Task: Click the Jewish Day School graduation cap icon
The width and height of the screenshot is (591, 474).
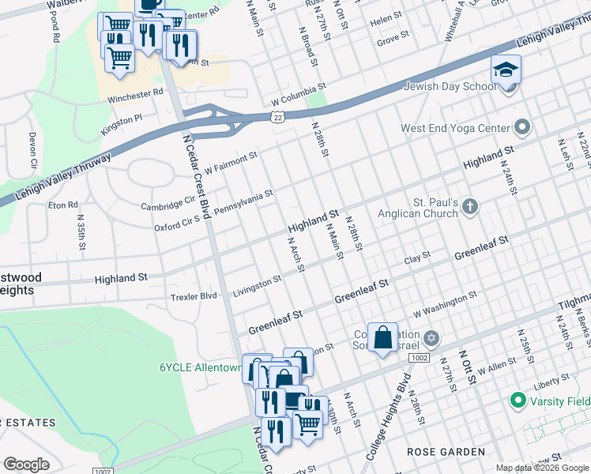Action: tap(506, 70)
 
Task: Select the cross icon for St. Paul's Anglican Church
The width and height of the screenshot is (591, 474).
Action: tap(470, 207)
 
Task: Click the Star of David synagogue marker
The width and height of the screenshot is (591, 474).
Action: tap(431, 338)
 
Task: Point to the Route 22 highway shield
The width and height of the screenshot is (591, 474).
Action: tap(278, 116)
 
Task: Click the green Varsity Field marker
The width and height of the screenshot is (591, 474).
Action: tap(518, 401)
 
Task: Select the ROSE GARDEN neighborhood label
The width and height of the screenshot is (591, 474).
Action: tap(446, 452)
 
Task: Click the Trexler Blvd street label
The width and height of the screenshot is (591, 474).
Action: tap(194, 296)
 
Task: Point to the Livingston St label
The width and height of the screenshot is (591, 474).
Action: tap(257, 287)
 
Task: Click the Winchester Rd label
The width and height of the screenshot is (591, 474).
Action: tap(135, 92)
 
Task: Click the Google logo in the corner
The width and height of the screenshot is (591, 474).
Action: tap(26, 464)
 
